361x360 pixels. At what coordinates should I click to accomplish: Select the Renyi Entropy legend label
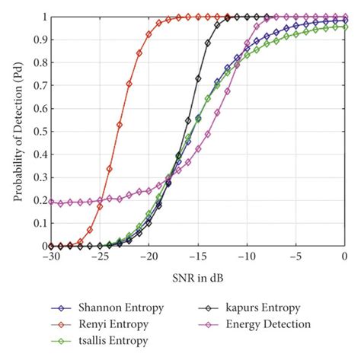(108, 324)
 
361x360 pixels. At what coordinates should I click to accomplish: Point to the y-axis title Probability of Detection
(16, 131)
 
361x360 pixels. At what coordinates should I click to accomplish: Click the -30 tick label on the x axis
(51, 257)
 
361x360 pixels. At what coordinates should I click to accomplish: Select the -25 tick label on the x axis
(100, 257)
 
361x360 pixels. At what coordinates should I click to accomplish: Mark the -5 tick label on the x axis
(297, 257)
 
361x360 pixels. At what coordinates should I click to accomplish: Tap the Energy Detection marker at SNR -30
(51, 202)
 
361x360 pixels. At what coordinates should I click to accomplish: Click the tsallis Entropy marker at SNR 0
(345, 27)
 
